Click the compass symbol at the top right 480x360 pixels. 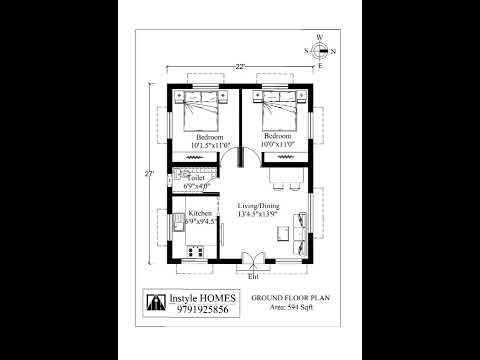[x=319, y=51]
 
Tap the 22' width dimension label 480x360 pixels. [x=240, y=68]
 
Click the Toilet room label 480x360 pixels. [x=196, y=178]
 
